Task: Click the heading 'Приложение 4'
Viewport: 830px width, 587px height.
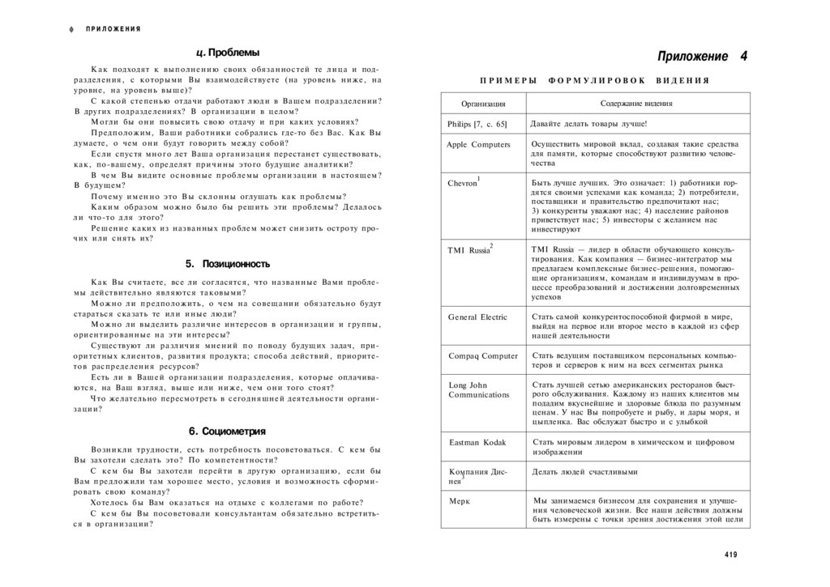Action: (x=702, y=57)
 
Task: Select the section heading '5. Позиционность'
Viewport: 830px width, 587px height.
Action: (x=227, y=263)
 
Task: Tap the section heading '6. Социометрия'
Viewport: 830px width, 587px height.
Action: (x=227, y=431)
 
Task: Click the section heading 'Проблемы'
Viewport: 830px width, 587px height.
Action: (x=228, y=53)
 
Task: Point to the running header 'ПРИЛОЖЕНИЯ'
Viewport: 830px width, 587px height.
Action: (x=113, y=29)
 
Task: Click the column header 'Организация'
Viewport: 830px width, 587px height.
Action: (x=483, y=104)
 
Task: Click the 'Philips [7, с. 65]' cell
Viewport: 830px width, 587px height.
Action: (x=477, y=124)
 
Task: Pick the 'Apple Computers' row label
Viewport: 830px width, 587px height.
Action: (x=478, y=144)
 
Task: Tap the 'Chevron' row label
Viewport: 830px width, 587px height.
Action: (x=463, y=183)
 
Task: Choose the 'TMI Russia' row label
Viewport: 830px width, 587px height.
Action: (x=468, y=250)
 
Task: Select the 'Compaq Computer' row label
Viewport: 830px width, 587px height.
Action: (x=483, y=355)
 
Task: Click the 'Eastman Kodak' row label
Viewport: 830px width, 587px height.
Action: (x=477, y=442)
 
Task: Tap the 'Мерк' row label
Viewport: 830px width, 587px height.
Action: (x=459, y=501)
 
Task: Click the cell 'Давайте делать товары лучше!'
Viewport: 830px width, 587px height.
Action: (x=588, y=124)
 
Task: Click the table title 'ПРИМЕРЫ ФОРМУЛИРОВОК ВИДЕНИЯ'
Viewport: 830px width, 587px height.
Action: (x=594, y=80)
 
